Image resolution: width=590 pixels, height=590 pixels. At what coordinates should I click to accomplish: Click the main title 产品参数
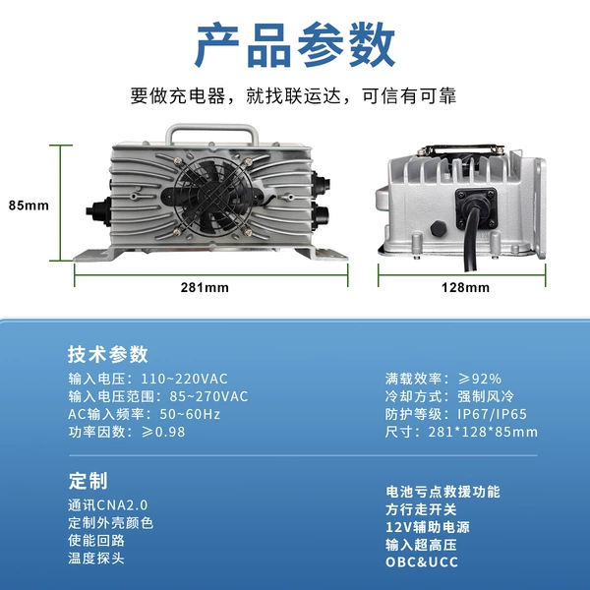tap(295, 45)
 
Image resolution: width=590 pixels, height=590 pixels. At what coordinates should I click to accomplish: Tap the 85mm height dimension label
tap(29, 206)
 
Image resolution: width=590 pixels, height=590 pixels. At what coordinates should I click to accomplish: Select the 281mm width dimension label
tap(205, 287)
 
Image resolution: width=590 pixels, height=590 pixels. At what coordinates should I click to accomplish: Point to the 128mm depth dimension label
tap(465, 287)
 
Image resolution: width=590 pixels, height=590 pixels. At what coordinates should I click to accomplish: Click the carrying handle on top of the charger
tap(211, 129)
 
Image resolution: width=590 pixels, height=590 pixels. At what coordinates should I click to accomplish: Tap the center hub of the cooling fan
tap(212, 196)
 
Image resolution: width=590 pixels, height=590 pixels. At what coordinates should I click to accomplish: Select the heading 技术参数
tap(108, 354)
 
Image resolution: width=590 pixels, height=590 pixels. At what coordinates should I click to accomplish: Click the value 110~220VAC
tap(185, 379)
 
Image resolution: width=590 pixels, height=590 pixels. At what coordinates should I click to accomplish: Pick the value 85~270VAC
tap(208, 396)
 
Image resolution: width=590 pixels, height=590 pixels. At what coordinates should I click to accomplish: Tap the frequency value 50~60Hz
tap(190, 414)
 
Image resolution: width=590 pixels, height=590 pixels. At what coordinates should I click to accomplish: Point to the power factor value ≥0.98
tap(163, 432)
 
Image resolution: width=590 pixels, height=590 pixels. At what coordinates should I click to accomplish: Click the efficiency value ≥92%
tap(480, 379)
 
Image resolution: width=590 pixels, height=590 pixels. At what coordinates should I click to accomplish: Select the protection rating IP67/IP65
tap(493, 414)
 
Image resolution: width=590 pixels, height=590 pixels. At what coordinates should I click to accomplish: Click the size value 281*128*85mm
tap(483, 432)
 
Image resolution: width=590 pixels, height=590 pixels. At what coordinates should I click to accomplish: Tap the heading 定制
tap(88, 481)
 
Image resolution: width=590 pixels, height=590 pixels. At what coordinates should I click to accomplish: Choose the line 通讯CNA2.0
tap(108, 505)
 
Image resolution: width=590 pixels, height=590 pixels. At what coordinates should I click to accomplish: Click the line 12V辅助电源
tap(428, 527)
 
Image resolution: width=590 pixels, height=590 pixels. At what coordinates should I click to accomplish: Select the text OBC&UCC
tap(422, 562)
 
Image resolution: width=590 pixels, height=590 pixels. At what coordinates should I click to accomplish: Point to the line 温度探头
tap(96, 558)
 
